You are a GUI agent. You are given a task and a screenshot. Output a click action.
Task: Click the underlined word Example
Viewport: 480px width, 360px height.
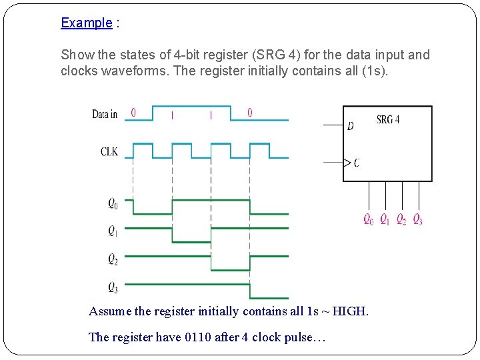point(87,23)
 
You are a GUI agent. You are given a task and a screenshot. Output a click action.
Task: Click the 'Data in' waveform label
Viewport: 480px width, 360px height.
point(105,114)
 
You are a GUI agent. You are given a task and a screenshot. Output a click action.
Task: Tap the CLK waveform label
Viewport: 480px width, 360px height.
point(109,152)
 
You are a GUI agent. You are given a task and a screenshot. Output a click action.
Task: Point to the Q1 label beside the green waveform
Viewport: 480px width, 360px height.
point(113,231)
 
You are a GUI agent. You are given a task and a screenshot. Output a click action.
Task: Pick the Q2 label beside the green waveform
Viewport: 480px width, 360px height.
point(113,259)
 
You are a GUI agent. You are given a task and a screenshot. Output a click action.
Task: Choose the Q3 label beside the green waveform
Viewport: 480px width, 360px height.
point(113,287)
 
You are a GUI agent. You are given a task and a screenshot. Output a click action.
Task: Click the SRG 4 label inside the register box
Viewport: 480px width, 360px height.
point(388,120)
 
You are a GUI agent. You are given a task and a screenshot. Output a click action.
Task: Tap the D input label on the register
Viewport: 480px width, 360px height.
point(351,126)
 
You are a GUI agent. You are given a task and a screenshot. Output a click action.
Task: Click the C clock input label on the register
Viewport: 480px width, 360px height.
point(357,162)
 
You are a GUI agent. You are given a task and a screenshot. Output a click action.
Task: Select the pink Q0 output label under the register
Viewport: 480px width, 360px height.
point(368,219)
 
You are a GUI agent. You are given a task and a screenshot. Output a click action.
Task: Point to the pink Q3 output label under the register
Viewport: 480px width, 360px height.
point(417,219)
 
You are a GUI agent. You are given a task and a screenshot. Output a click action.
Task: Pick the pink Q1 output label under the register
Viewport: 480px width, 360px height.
point(385,219)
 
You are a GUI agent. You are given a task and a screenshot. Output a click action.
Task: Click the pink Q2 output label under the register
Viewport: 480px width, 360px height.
point(401,219)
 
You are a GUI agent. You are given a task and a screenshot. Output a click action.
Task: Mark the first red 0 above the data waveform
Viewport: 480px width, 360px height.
point(133,113)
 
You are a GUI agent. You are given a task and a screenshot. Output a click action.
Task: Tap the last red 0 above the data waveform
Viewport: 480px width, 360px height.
point(250,113)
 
